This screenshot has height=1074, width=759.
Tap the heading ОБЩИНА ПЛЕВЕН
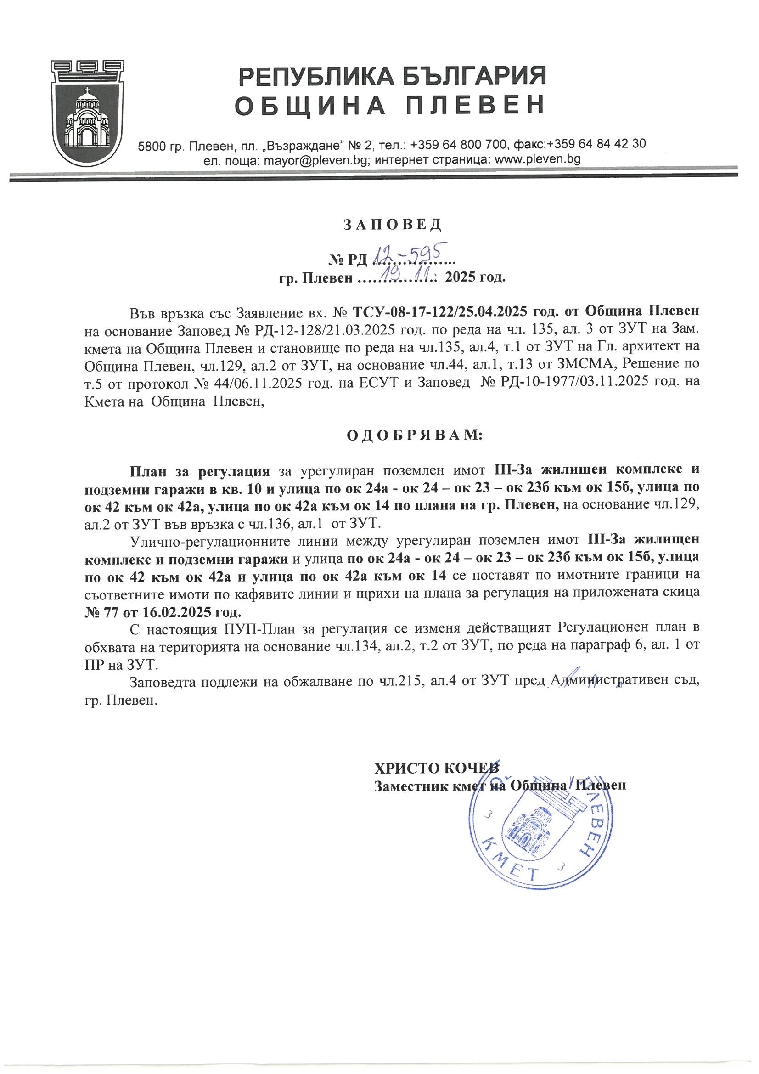point(389,105)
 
